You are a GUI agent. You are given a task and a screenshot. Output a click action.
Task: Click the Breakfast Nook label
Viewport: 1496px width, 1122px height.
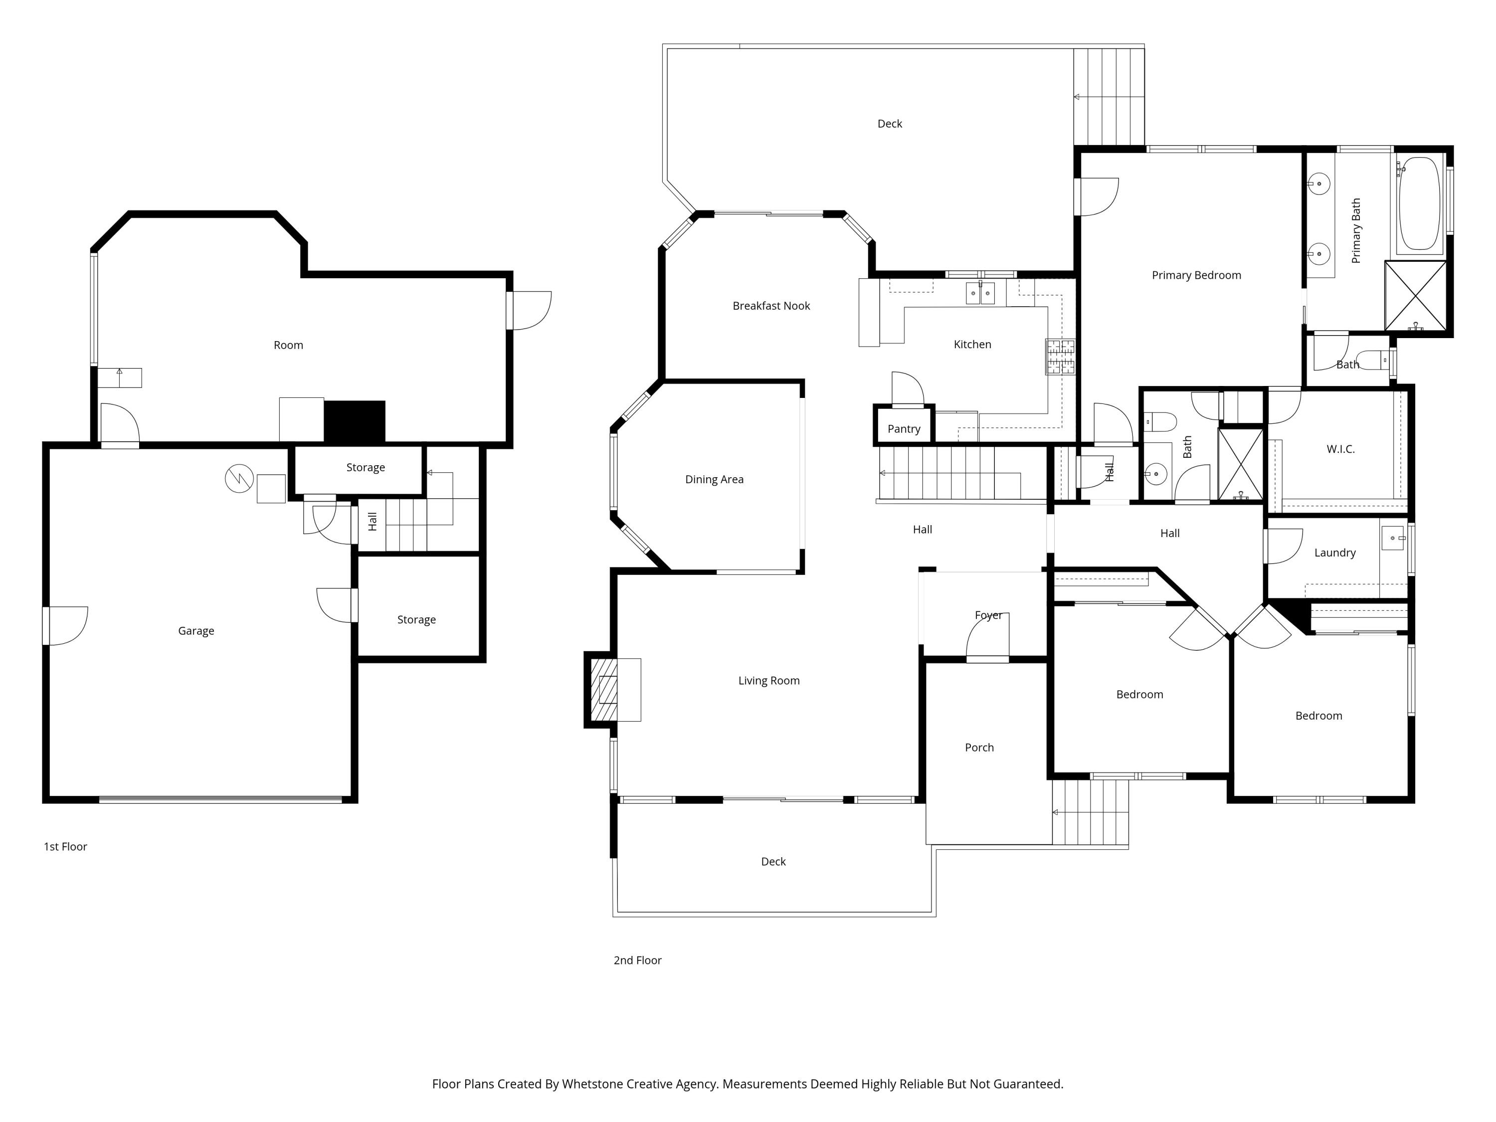coord(771,306)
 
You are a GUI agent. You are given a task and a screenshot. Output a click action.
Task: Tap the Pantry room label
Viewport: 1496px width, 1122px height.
coord(904,429)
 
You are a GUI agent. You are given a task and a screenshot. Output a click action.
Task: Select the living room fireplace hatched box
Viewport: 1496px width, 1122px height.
coord(604,689)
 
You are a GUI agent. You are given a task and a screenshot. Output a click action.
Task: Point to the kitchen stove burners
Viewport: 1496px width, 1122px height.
coord(1060,357)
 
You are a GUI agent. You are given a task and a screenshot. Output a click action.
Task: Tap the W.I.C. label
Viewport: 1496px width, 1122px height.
coord(1340,449)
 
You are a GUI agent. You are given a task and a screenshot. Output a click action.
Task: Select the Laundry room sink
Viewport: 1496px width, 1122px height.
coord(1392,539)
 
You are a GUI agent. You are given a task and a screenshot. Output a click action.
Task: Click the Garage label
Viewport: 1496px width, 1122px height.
coord(196,631)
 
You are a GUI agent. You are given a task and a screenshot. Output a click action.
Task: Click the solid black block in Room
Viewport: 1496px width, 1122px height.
coord(355,422)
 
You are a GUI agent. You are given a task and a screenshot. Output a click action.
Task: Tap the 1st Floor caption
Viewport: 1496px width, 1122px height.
coord(66,847)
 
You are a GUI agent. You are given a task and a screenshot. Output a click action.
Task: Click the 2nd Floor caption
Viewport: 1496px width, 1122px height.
coord(637,960)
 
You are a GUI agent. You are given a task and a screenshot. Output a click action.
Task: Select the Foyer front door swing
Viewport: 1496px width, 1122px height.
coord(988,637)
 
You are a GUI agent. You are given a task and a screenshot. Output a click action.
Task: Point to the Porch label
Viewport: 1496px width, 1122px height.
coord(978,748)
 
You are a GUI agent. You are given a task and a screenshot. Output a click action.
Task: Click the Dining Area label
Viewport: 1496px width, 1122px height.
coord(714,480)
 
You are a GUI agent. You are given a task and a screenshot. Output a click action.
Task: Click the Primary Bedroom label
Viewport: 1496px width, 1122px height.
coord(1196,275)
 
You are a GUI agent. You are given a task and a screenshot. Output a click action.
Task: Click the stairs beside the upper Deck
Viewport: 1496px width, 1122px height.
coord(1109,97)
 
